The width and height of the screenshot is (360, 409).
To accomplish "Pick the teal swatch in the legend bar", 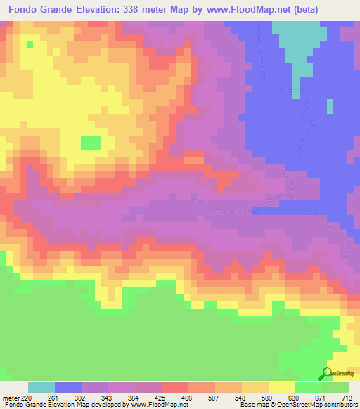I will [x=41, y=387].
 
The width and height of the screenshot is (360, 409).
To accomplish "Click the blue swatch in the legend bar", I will [x=68, y=387].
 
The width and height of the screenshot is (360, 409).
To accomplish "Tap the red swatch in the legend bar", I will [x=175, y=387].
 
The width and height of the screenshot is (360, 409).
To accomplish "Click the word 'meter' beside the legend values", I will [x=11, y=398].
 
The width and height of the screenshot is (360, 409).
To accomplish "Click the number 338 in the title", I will [x=136, y=10].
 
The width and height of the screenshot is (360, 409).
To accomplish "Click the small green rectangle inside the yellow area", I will [x=91, y=142].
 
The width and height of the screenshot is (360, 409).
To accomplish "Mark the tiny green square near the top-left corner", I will [x=30, y=44].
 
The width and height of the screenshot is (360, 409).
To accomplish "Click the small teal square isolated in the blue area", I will [x=330, y=106].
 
